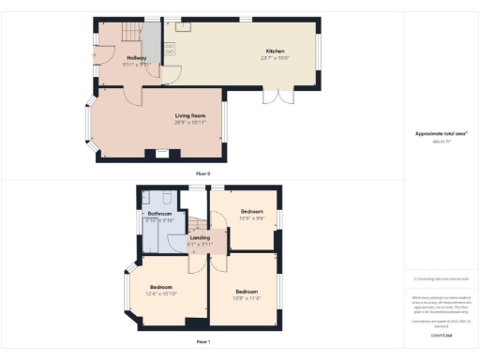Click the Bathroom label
[x=159, y=214]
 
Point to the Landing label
[x=200, y=238]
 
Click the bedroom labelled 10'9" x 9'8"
[x=252, y=213]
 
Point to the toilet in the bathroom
[x=162, y=199]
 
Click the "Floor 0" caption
[x=203, y=173]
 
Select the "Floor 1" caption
[x=203, y=342]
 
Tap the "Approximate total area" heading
[x=441, y=134]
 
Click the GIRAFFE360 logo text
[x=441, y=335]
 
